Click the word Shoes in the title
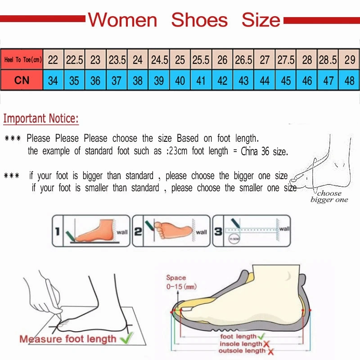tap(199, 20)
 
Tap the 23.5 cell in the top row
tap(117, 60)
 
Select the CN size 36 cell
tap(95, 81)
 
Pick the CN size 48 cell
tap(349, 81)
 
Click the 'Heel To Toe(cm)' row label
tap(22, 60)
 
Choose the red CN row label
tap(22, 81)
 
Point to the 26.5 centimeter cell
tap(243, 60)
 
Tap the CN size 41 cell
tap(201, 81)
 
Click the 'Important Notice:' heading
tap(41, 119)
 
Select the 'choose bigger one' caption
tap(329, 197)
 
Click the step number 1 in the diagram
tap(57, 232)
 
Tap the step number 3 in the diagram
tap(217, 232)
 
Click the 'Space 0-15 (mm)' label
tap(181, 282)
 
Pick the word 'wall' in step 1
tap(122, 232)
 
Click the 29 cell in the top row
tap(349, 60)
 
